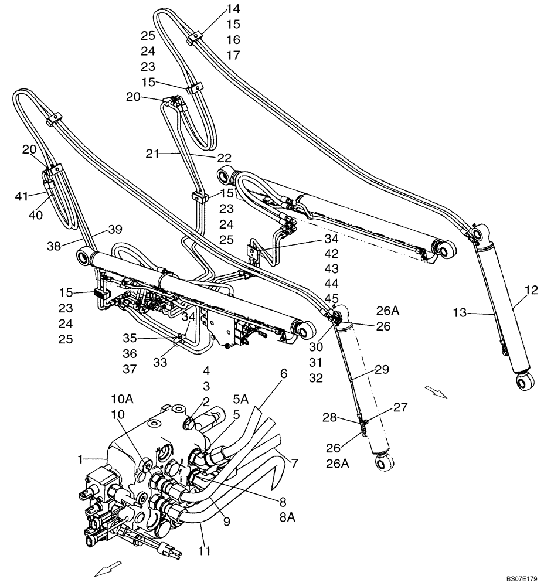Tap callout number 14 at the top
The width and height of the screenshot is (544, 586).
pos(233,9)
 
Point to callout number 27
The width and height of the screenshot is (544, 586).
pos(399,406)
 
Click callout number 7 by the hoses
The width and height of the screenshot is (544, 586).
pos(294,464)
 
